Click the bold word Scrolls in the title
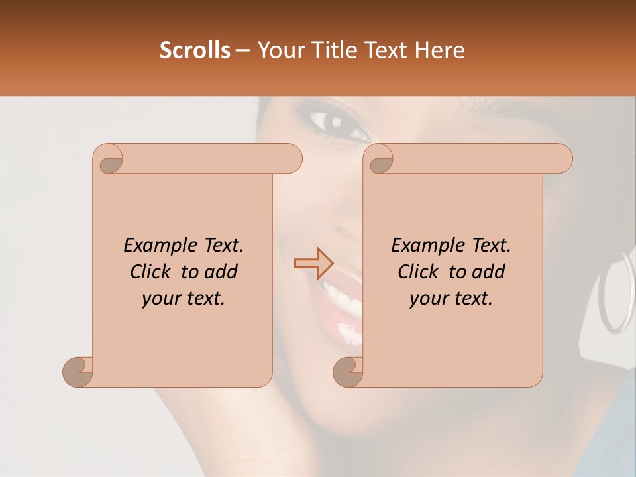(x=195, y=50)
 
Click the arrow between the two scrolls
(x=313, y=263)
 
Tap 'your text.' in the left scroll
(x=184, y=298)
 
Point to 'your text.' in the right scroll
(x=451, y=298)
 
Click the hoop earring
(x=616, y=291)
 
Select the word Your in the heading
(x=278, y=50)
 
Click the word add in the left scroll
(x=221, y=272)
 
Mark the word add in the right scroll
(x=489, y=272)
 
